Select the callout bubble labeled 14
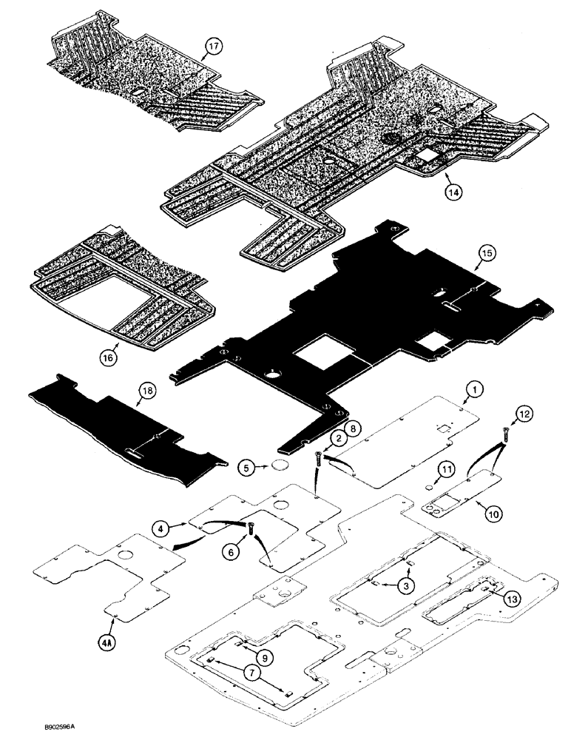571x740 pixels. tap(453, 190)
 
